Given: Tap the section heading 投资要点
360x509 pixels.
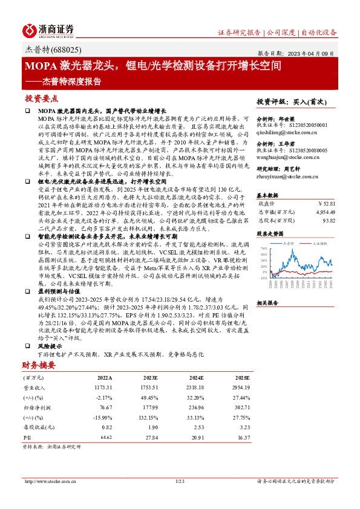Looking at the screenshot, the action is point(41,98).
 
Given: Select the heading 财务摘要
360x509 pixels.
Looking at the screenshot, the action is point(39,366).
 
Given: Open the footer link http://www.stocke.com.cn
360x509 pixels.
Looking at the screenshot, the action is point(51,481).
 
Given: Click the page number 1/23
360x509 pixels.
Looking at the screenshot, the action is point(179,481).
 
